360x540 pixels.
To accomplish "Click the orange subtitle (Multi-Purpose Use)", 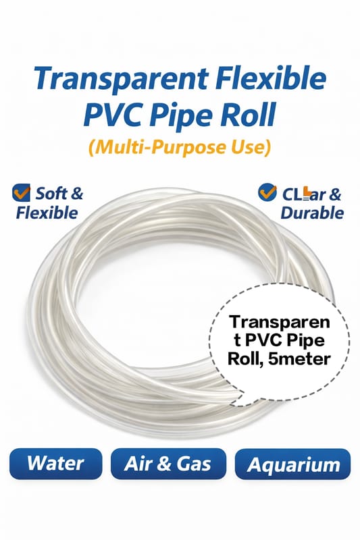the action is click(x=180, y=147).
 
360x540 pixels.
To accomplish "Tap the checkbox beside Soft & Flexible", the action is click(x=21, y=192).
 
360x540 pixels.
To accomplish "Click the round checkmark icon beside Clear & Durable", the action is click(x=267, y=192).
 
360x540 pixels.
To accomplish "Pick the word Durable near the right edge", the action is click(x=312, y=213).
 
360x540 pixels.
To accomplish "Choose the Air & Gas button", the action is click(x=168, y=464).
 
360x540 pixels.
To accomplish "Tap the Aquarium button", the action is click(x=293, y=464).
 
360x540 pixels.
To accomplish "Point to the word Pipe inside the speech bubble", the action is click(x=307, y=342).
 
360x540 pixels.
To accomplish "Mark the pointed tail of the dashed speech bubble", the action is click(x=233, y=404).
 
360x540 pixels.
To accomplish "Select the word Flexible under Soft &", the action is click(x=47, y=213).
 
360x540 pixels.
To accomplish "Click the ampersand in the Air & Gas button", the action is click(x=165, y=464).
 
